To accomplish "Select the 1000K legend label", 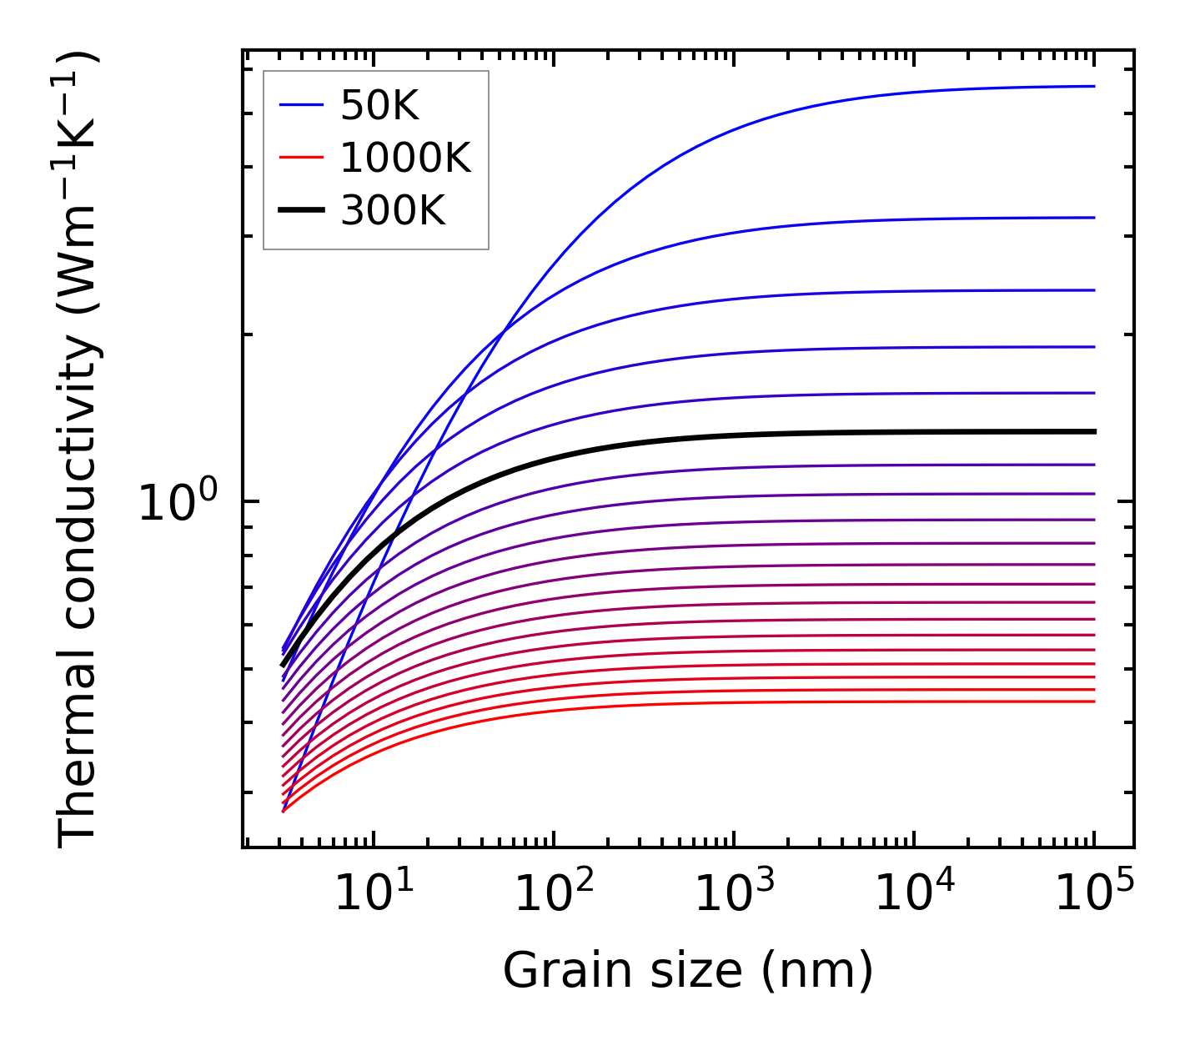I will [x=405, y=158].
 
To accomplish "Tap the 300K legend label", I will [x=393, y=211].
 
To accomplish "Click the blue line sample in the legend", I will [x=300, y=105].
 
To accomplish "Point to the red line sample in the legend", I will [x=300, y=158].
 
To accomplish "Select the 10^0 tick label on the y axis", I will [x=178, y=503].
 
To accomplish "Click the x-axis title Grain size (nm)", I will [x=688, y=971].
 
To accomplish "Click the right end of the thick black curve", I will [x=1093, y=431].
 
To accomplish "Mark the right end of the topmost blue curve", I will [x=1093, y=86].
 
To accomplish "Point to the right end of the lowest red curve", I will [x=1093, y=701].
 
